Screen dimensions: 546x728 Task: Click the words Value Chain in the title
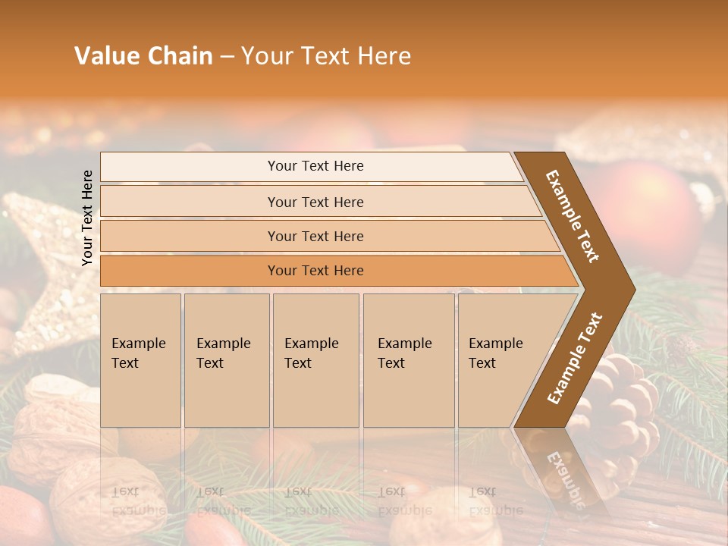[143, 55]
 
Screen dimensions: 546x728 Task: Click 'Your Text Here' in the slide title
[326, 55]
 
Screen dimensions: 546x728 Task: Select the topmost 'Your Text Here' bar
[315, 166]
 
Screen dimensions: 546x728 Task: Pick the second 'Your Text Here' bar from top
[315, 202]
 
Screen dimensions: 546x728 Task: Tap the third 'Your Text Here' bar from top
[315, 236]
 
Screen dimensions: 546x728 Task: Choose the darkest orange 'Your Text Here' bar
[315, 271]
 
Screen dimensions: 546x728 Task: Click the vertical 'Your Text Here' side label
[87, 218]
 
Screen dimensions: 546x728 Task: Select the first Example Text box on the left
[140, 360]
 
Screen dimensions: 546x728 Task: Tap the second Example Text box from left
[226, 360]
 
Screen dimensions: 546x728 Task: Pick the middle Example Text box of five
[315, 360]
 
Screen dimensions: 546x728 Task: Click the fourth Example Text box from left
[408, 360]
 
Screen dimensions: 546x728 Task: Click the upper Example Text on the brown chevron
[573, 216]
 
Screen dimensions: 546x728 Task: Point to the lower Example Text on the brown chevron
[574, 359]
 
